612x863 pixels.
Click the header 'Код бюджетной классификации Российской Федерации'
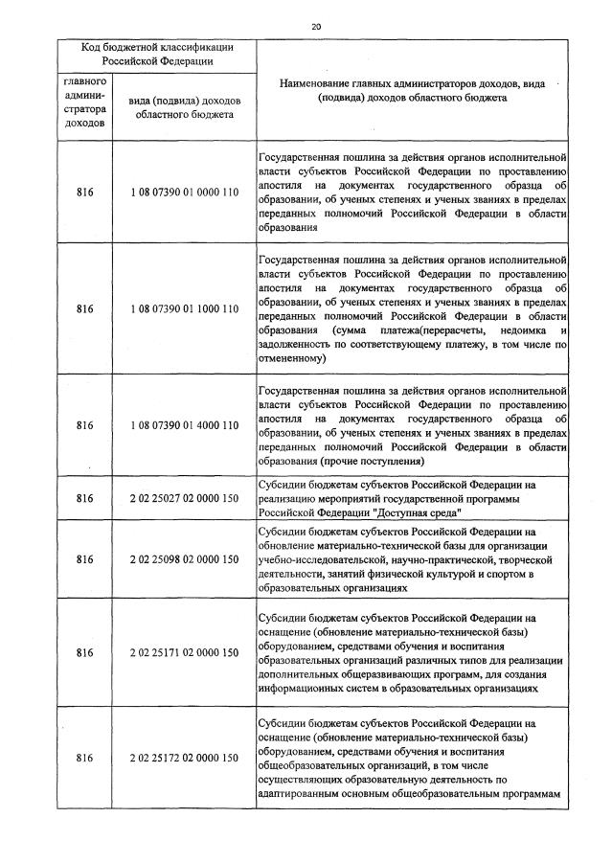pyautogui.click(x=157, y=54)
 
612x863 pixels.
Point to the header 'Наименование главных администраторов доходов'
pyautogui.click(x=413, y=91)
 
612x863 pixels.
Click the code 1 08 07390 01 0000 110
pyautogui.click(x=184, y=193)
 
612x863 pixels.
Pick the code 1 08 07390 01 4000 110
pyautogui.click(x=184, y=425)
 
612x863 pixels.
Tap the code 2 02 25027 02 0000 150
pyautogui.click(x=184, y=498)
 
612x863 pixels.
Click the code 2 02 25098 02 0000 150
pyautogui.click(x=184, y=559)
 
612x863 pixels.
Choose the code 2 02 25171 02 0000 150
pyautogui.click(x=184, y=652)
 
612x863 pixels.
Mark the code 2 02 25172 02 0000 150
pyautogui.click(x=184, y=758)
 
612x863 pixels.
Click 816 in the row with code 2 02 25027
pyautogui.click(x=85, y=498)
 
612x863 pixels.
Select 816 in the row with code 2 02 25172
pyautogui.click(x=85, y=758)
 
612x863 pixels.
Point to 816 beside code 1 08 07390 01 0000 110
pyautogui.click(x=85, y=193)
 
